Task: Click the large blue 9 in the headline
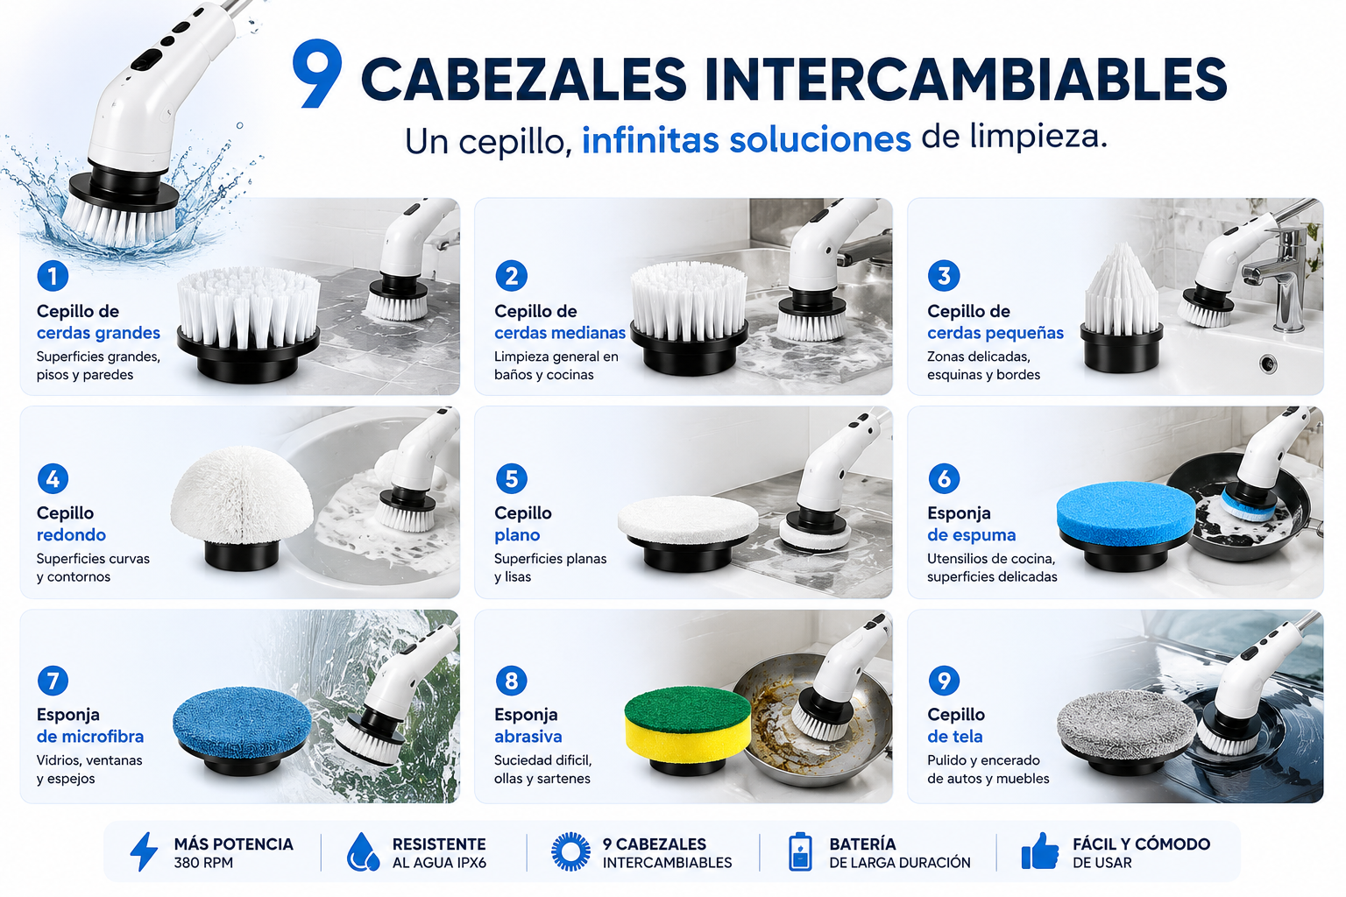click(317, 74)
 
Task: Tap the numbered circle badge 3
click(944, 276)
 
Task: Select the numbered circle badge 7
click(53, 680)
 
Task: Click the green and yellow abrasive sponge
click(688, 731)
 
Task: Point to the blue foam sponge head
click(1125, 526)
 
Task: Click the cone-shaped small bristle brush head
click(1122, 307)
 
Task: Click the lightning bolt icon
click(145, 851)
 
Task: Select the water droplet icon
click(363, 851)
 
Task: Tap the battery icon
click(800, 851)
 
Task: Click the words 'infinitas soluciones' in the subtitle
click(747, 139)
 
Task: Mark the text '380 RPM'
click(203, 863)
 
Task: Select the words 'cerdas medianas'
click(559, 333)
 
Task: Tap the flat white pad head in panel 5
click(688, 533)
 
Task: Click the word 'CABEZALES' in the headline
click(523, 79)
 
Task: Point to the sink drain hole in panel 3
click(1268, 364)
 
